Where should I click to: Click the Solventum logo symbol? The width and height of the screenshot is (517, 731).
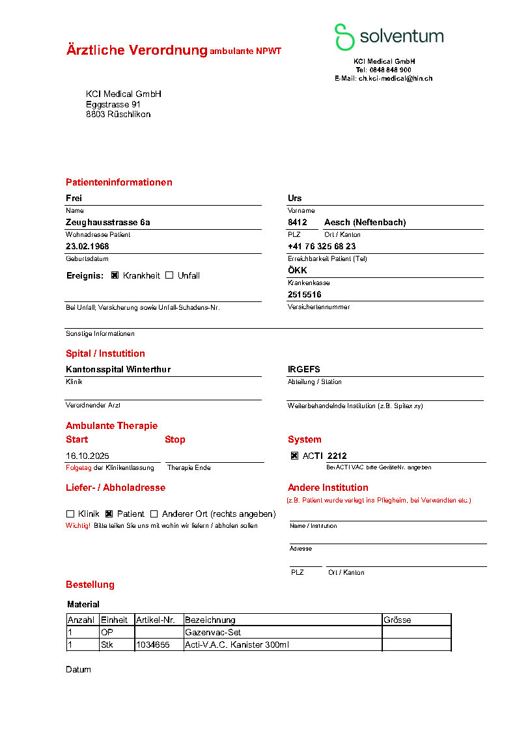344,36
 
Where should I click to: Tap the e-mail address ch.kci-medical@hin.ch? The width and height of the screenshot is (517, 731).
395,78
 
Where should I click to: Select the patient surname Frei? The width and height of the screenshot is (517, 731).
74,198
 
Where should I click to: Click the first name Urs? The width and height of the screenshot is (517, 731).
294,198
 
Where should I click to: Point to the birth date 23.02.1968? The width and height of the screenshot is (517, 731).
87,246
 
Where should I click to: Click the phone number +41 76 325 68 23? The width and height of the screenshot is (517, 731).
322,246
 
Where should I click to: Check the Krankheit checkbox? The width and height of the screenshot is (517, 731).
115,275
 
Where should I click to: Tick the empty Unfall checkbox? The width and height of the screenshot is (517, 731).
169,275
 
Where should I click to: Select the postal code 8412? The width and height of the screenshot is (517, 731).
297,222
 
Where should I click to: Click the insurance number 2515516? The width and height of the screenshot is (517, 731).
304,294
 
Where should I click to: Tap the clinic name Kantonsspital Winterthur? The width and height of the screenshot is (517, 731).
118,369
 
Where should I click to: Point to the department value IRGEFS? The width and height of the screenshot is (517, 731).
303,369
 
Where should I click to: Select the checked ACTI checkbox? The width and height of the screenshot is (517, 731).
294,456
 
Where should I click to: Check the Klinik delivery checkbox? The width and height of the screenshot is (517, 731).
70,514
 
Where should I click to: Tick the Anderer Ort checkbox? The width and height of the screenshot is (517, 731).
154,514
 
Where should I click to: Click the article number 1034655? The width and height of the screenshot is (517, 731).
152,644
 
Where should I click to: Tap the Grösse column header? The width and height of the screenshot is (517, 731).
397,620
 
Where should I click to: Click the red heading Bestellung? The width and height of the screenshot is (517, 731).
90,585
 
